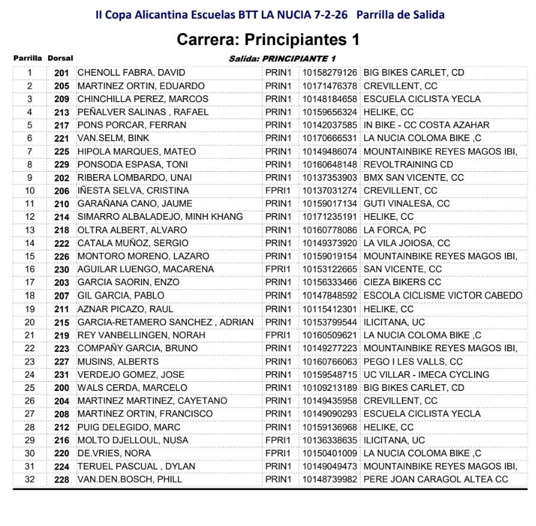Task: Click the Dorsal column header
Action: point(60,58)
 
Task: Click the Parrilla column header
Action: point(28,58)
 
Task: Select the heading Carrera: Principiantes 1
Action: point(268,40)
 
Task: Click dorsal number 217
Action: point(61,125)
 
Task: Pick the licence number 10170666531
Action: point(329,138)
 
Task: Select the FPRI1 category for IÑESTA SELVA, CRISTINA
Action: point(278,191)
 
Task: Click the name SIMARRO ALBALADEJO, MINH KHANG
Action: point(160,217)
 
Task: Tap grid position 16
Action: point(30,269)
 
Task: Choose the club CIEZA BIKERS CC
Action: point(402,282)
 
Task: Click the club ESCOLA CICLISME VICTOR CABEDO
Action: point(443,295)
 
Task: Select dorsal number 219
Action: point(61,335)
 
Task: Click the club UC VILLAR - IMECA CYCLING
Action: point(427,375)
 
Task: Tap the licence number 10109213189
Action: point(329,388)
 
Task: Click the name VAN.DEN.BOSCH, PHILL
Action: point(130,479)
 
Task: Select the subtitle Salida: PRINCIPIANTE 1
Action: point(282,58)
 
